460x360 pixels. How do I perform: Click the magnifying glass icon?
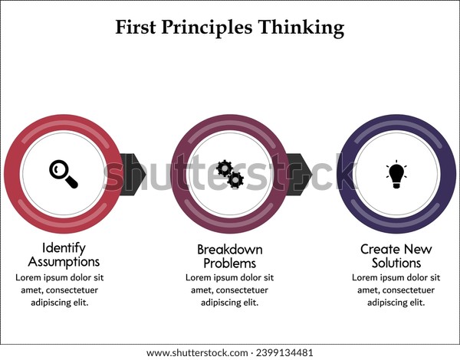[x=64, y=174]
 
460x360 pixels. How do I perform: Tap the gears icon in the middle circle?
[x=230, y=174]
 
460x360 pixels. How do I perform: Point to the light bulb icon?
[x=396, y=174]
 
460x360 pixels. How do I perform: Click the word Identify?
[x=64, y=248]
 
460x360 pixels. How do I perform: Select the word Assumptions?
[x=64, y=262]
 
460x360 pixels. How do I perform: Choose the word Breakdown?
[x=230, y=250]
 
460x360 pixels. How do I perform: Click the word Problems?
[x=230, y=263]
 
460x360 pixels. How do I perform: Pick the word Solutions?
[x=396, y=263]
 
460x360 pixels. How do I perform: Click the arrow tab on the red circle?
[x=133, y=174]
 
